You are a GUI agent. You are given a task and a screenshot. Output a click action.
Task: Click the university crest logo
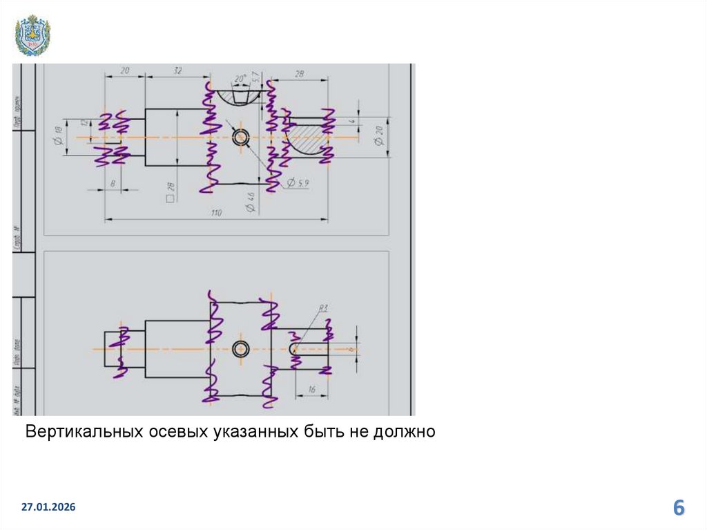click(32, 35)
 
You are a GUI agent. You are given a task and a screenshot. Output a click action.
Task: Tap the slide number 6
click(679, 509)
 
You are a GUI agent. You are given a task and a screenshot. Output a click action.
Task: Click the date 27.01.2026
click(48, 508)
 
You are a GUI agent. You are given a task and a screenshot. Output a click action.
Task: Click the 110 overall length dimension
click(216, 214)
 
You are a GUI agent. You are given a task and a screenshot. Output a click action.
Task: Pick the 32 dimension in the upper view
click(177, 71)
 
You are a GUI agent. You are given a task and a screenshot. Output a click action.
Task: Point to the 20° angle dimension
click(240, 78)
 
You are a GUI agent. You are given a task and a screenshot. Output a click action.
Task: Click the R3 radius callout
click(322, 307)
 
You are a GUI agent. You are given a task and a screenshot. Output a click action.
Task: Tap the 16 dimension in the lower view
click(311, 390)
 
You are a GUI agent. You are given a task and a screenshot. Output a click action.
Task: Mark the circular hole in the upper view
click(241, 137)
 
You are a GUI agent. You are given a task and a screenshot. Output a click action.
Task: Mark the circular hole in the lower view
click(241, 349)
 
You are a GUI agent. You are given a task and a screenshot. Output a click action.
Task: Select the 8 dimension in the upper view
click(113, 184)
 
